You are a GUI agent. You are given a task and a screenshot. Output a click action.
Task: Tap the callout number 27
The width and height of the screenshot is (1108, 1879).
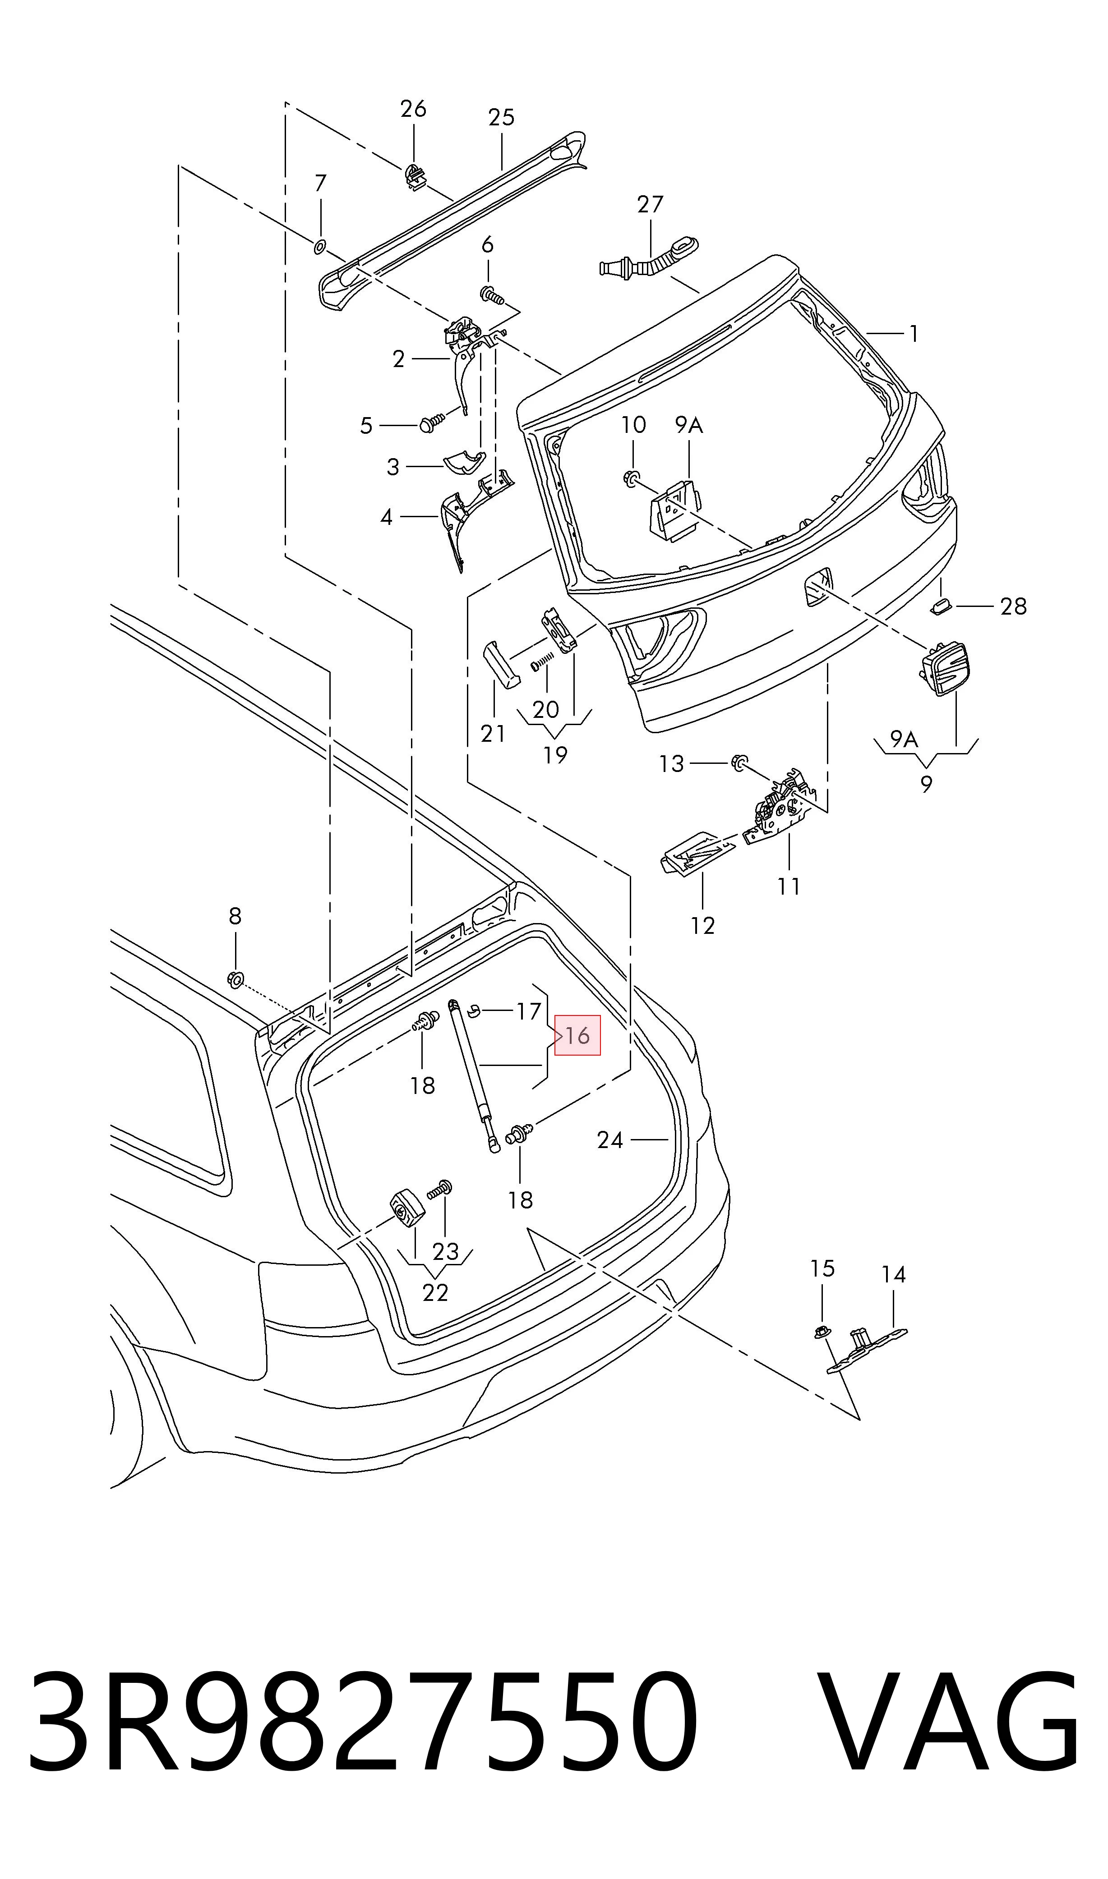(650, 204)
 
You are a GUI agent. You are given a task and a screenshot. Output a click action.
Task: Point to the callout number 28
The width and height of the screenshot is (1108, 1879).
(1013, 606)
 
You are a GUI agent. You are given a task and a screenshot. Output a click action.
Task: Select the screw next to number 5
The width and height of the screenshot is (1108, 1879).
(432, 423)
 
